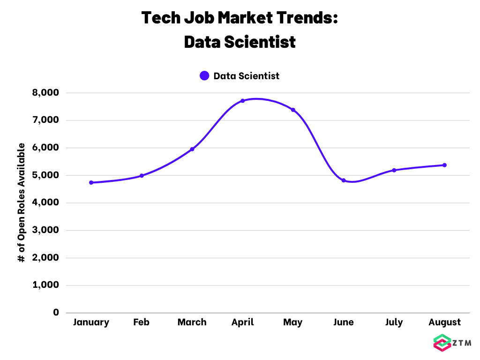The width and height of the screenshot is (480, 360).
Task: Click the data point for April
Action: [242, 101]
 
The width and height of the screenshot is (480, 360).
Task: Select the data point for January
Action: [91, 182]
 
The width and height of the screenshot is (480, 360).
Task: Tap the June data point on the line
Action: [344, 180]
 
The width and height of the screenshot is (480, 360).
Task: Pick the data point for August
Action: [444, 165]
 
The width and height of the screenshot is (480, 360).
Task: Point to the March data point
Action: [192, 149]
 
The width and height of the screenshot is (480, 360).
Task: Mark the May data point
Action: [293, 110]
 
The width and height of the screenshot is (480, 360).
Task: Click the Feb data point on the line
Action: [142, 176]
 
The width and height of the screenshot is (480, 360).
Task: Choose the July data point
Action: [394, 170]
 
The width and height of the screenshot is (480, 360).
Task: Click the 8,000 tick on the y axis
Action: [45, 93]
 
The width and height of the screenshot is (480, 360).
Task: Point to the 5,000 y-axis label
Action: [45, 175]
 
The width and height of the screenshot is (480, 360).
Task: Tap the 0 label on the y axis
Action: [56, 312]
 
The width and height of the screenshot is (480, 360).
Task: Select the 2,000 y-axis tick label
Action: [45, 257]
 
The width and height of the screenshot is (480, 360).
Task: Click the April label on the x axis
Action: [242, 322]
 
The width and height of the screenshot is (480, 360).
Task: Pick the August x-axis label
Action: [444, 322]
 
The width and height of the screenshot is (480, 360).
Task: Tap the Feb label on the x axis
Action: [142, 322]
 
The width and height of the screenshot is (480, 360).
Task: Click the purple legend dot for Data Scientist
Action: [204, 75]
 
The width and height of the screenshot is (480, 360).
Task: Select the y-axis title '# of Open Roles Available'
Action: [21, 202]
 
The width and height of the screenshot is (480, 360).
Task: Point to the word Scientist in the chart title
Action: [260, 42]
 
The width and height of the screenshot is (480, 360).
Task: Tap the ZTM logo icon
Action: [442, 343]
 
